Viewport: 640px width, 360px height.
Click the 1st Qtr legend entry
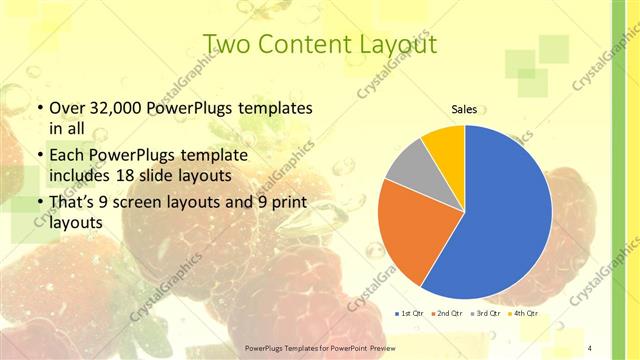tap(410, 314)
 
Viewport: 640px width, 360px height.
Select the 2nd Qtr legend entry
tap(447, 314)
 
